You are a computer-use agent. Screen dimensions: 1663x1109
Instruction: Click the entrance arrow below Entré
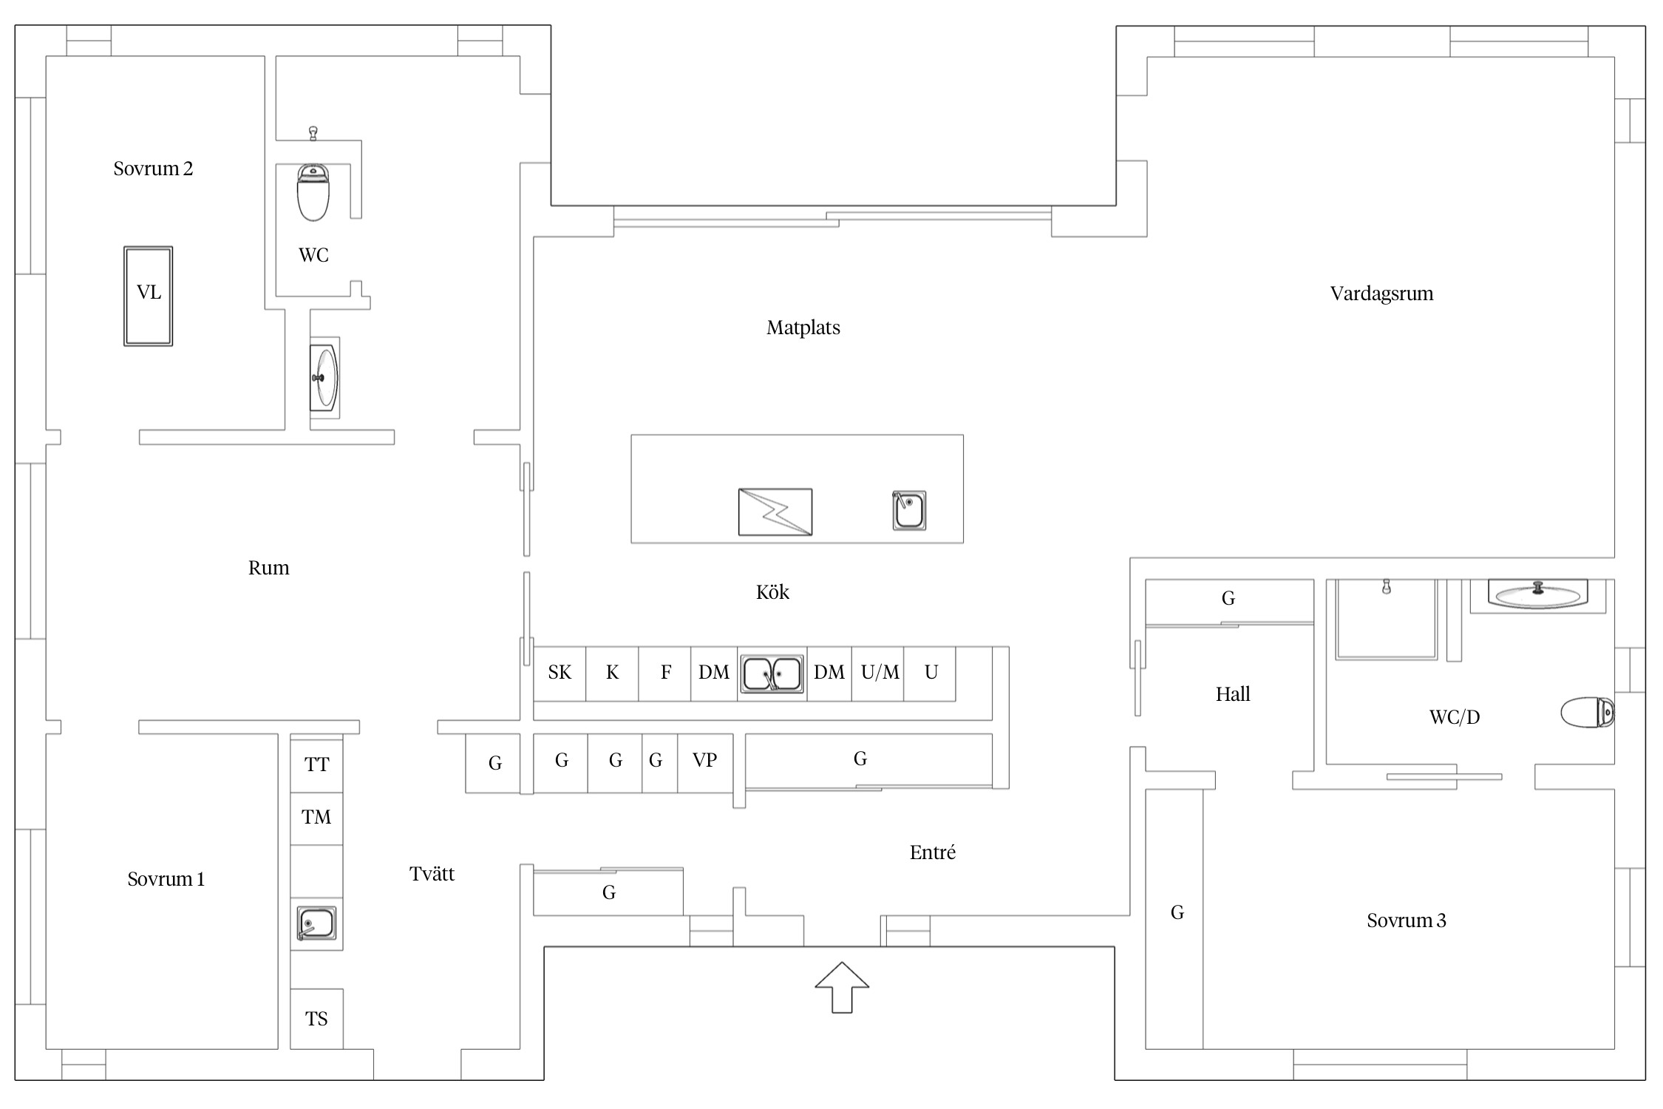click(x=842, y=987)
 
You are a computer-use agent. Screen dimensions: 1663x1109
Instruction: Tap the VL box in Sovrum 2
click(x=148, y=296)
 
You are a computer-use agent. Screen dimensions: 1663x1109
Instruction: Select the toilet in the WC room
click(x=313, y=192)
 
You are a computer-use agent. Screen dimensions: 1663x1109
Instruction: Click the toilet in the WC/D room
click(x=1588, y=713)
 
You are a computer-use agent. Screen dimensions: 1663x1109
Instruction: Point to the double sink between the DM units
click(x=772, y=674)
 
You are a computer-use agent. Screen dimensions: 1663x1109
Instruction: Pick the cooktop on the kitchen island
click(x=775, y=512)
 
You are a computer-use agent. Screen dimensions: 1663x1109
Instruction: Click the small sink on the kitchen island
click(x=909, y=510)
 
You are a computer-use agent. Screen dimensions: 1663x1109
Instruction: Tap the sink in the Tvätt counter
click(x=316, y=923)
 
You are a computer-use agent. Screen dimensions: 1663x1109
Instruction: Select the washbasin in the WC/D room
click(x=1537, y=595)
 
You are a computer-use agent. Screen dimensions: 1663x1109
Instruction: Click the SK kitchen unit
click(x=560, y=674)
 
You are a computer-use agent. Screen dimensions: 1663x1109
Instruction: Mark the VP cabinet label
click(x=704, y=760)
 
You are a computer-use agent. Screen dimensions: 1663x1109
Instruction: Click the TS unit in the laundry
click(x=316, y=1019)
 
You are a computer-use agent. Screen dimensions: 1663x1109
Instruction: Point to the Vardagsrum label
click(x=1381, y=294)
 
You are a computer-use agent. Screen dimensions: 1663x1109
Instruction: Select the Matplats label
click(x=803, y=328)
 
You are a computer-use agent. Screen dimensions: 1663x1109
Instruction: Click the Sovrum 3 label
click(x=1407, y=920)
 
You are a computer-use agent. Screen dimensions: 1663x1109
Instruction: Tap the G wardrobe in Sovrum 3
click(x=1174, y=919)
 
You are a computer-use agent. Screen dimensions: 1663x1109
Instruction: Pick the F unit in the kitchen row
click(x=664, y=674)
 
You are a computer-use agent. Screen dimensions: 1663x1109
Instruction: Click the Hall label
click(x=1233, y=694)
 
